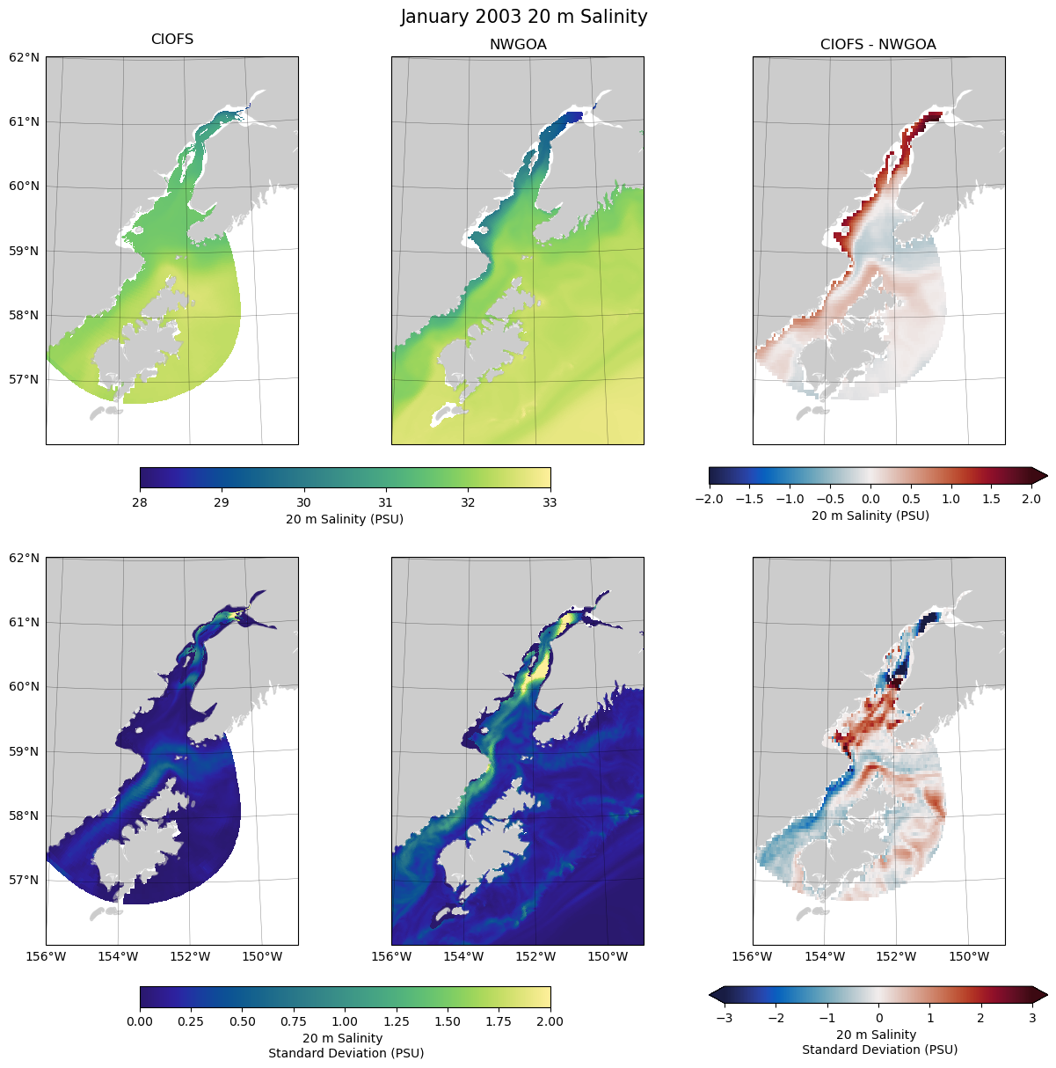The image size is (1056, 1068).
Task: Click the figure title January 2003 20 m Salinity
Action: pyautogui.click(x=523, y=17)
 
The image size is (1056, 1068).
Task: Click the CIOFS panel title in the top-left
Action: pyautogui.click(x=172, y=40)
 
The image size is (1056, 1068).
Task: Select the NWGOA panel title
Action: pyautogui.click(x=518, y=45)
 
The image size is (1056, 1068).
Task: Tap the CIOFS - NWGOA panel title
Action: pyautogui.click(x=878, y=45)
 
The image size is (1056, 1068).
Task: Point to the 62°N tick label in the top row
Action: pyautogui.click(x=24, y=58)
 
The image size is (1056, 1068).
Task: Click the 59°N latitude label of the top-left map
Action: pyautogui.click(x=24, y=251)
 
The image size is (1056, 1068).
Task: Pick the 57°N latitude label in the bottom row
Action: pyautogui.click(x=24, y=881)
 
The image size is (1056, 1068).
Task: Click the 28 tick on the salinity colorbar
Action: pyautogui.click(x=140, y=502)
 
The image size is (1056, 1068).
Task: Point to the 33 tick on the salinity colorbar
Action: pyautogui.click(x=550, y=502)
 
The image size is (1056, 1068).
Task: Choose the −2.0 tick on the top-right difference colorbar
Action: pyautogui.click(x=709, y=499)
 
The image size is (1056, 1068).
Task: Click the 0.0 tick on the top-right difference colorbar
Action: pyautogui.click(x=870, y=499)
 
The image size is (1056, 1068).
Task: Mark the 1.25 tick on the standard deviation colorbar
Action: pyautogui.click(x=397, y=1021)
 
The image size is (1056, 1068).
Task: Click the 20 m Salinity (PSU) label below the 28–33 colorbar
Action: pyautogui.click(x=345, y=519)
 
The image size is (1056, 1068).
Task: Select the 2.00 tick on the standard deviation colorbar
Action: pyautogui.click(x=550, y=1021)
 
